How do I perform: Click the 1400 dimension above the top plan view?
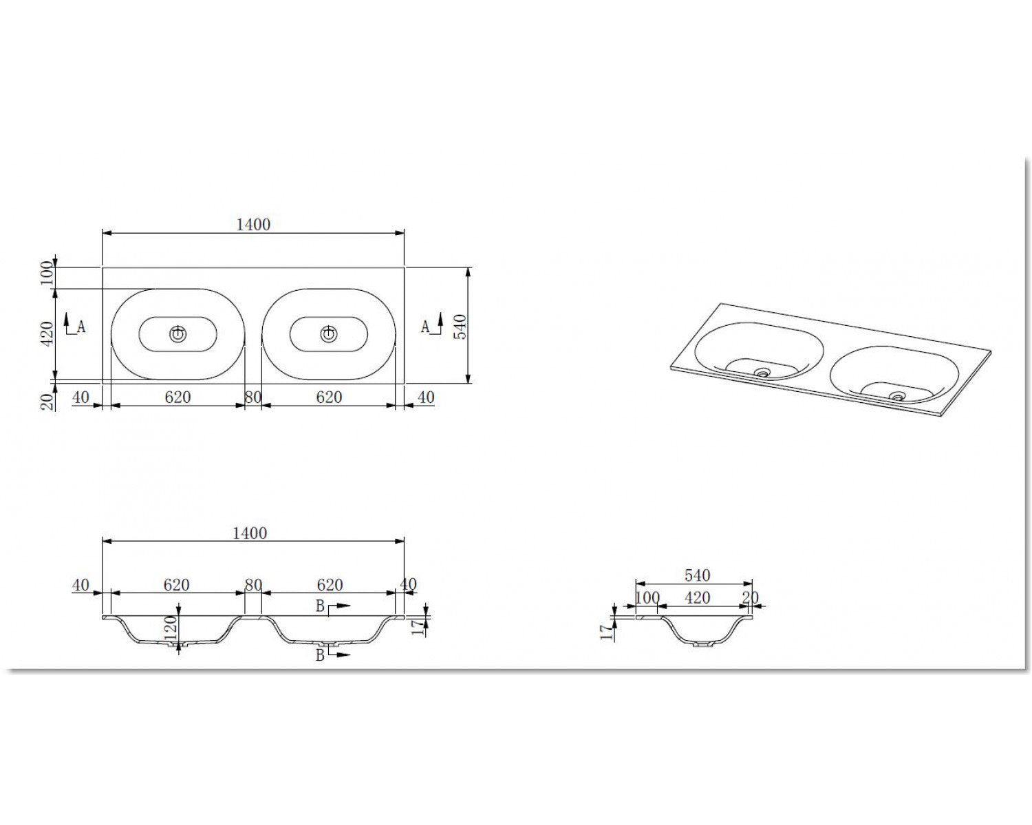[253, 224]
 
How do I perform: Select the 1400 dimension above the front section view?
[250, 533]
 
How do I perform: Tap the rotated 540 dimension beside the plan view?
[460, 327]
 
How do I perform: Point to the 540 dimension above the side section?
[697, 575]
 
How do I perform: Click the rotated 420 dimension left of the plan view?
[47, 334]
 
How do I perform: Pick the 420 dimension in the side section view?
[697, 597]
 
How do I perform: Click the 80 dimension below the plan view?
[253, 397]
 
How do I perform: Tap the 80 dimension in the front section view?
[253, 584]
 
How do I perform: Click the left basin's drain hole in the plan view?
[178, 335]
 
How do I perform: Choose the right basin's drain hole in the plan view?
[328, 335]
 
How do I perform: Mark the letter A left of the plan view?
[80, 327]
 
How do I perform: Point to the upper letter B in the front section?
[320, 606]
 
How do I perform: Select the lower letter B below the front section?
[320, 655]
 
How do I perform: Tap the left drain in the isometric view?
[762, 373]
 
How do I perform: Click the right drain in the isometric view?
[897, 396]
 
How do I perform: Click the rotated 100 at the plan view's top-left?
[47, 272]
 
